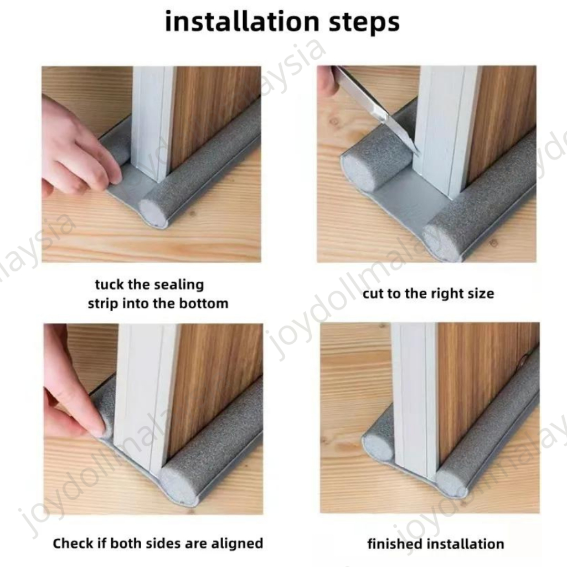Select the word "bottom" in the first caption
click(204, 303)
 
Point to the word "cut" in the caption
click(373, 293)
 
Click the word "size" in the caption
click(481, 293)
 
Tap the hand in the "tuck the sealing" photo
click(78, 148)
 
